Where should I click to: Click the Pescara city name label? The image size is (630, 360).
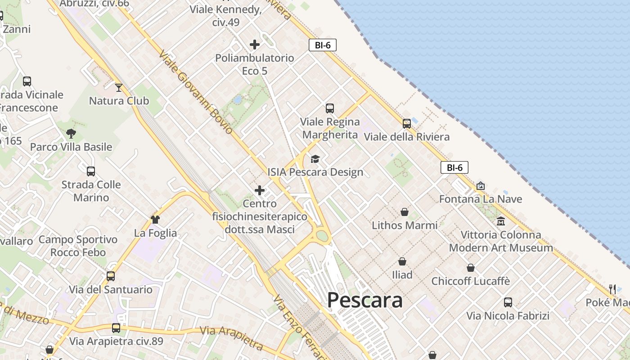tap(364, 300)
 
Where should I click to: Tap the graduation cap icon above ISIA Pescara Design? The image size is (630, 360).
tap(315, 159)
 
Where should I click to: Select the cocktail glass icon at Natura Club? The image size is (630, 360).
tap(119, 87)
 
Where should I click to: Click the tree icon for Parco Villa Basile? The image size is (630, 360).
tap(71, 133)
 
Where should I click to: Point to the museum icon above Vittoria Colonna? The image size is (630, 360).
tap(501, 221)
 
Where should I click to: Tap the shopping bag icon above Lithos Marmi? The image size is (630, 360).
tap(405, 211)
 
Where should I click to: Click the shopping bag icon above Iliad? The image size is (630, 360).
tap(402, 261)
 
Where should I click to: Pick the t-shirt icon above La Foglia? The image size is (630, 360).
tap(155, 220)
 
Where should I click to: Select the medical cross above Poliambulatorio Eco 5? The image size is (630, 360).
tap(255, 45)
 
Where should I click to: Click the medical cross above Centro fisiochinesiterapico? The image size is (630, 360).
tap(260, 190)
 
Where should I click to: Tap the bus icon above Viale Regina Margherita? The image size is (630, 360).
tap(330, 108)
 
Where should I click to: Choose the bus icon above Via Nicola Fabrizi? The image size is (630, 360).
tap(508, 302)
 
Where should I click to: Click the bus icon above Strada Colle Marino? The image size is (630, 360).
tap(91, 171)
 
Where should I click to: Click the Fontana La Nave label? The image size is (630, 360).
tap(481, 199)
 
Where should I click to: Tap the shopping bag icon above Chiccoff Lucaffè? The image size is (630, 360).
tap(471, 268)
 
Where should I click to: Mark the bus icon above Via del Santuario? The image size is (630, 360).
tap(111, 276)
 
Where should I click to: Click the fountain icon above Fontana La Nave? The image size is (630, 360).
tap(481, 185)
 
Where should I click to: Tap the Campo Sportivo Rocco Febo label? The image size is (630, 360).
tap(78, 246)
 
